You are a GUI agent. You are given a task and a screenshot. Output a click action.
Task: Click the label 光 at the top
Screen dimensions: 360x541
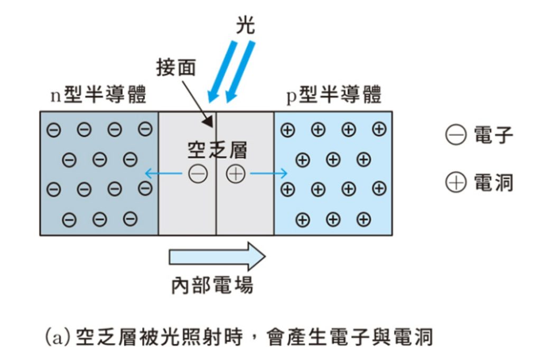245,25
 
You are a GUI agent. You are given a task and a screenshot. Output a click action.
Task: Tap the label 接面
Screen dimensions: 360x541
176,68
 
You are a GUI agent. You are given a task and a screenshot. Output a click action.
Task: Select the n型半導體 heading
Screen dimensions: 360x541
98,96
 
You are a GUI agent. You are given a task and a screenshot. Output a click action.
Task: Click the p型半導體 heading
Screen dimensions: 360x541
333,96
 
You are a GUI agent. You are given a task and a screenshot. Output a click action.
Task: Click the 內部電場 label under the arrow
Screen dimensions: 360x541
212,286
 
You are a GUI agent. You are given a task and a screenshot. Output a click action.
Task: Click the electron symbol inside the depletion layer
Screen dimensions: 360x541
198,174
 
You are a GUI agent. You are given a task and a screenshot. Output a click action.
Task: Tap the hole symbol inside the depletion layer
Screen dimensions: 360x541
236,174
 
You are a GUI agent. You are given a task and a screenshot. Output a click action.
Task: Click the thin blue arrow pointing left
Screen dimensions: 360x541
164,173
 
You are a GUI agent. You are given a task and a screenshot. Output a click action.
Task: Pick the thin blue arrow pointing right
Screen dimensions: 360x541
269,173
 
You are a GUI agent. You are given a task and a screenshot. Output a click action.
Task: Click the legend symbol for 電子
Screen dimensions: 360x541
456,136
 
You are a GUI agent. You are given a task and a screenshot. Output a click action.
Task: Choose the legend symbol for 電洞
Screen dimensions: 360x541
456,183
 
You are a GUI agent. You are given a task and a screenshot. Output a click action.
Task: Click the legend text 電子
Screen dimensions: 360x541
493,136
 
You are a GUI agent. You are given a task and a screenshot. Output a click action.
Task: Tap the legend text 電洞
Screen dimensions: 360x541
493,183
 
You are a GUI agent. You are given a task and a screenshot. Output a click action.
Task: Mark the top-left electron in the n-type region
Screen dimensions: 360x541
53,130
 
